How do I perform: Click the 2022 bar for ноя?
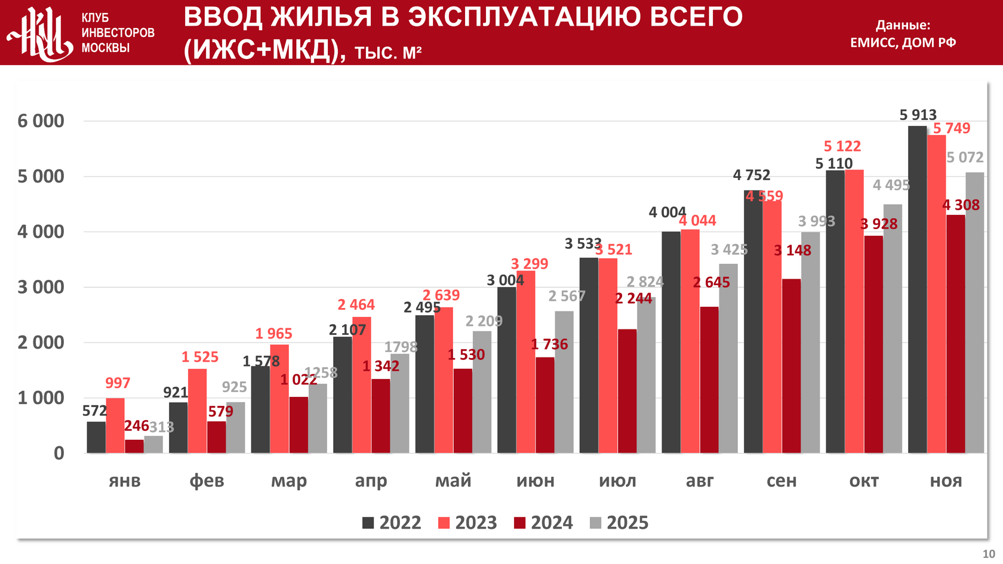[917, 289]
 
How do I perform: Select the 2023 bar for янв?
[115, 426]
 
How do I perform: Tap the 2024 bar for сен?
[791, 366]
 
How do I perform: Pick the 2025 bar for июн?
[564, 382]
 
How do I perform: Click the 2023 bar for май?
[444, 380]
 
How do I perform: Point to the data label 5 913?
[918, 115]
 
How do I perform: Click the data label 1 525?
[200, 357]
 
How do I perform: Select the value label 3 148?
[792, 251]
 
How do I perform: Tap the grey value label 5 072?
[965, 158]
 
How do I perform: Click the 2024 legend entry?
[543, 523]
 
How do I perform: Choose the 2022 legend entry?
[392, 523]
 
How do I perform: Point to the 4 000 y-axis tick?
[41, 232]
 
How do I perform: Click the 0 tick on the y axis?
[59, 454]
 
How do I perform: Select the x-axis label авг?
[700, 481]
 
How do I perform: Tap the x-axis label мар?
[289, 481]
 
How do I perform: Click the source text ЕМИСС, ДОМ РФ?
[903, 42]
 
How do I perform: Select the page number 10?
[989, 554]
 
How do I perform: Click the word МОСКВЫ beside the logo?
[106, 48]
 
